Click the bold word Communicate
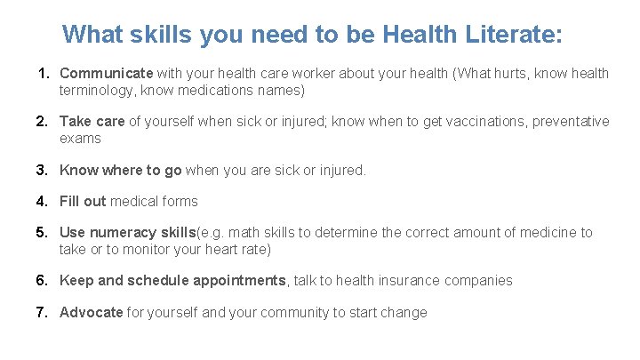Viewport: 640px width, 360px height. pos(107,73)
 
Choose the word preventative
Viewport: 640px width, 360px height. pos(571,121)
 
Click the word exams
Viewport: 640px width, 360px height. pos(80,138)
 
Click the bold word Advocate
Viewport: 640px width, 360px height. pos(92,312)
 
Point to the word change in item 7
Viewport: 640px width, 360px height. pos(404,312)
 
